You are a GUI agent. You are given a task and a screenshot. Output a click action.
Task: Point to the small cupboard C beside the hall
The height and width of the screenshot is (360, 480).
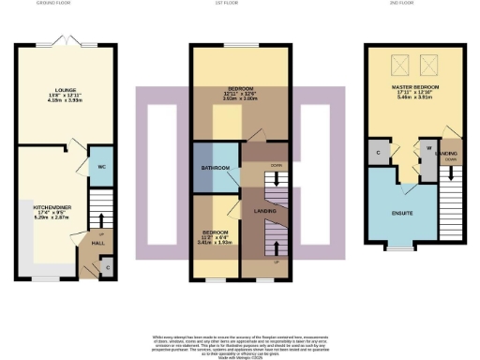coord(108,268)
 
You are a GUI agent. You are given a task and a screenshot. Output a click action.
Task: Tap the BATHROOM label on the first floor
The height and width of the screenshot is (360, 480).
coord(214,168)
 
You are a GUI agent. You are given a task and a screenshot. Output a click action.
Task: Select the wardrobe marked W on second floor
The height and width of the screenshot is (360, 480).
coord(427,147)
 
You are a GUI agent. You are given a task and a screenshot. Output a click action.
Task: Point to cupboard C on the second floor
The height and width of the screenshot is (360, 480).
coord(379,152)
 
